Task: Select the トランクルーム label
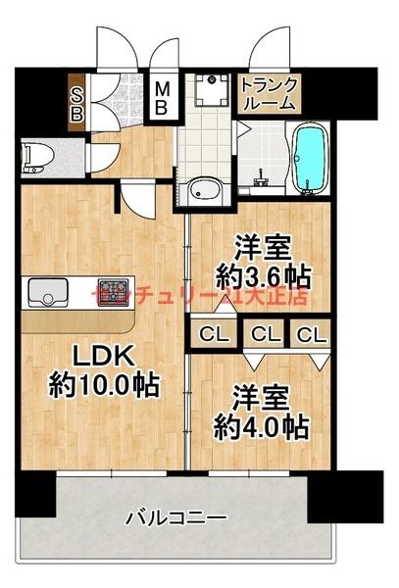pos(267,91)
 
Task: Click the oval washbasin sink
pos(205,190)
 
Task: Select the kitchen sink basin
pos(45,293)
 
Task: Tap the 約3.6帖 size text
pos(258,274)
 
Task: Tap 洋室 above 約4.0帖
pos(259,398)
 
